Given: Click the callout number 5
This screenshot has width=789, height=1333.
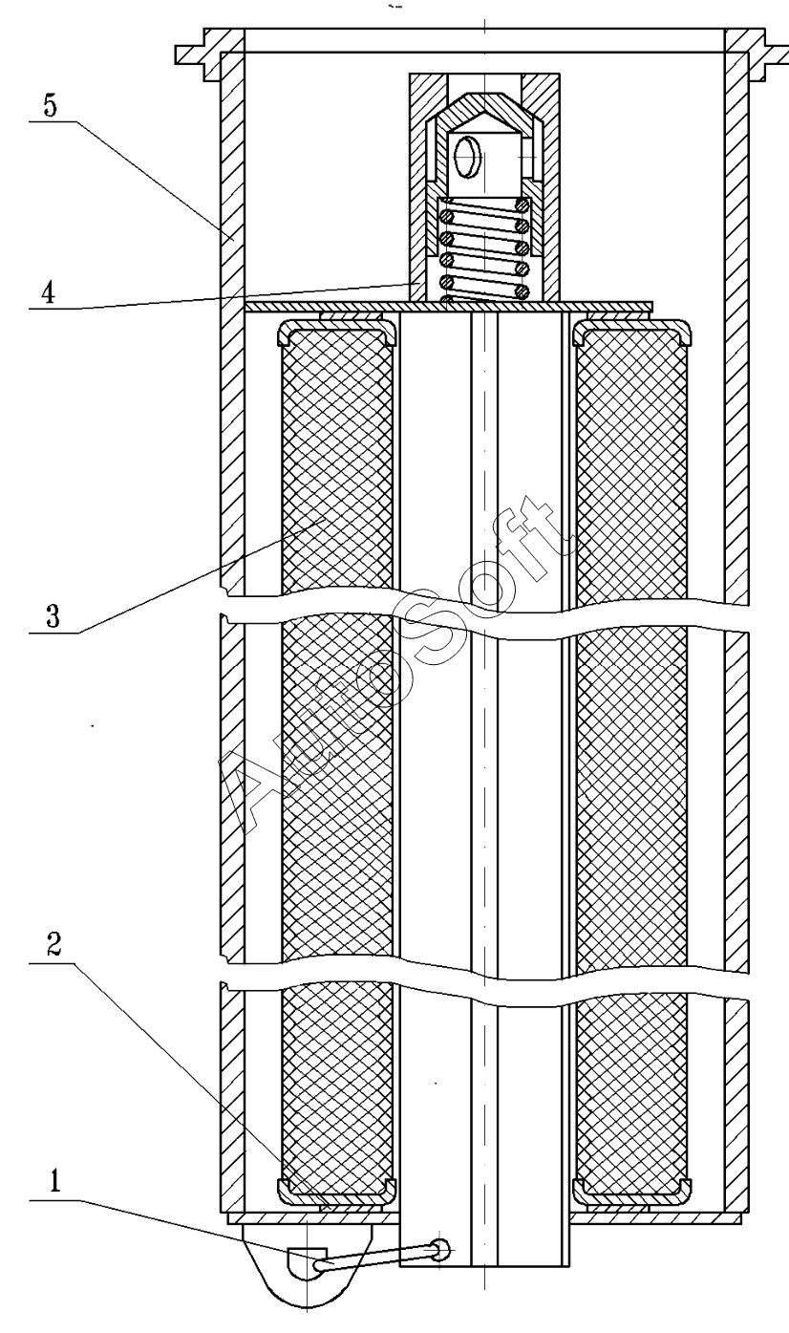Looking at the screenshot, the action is click(x=50, y=105).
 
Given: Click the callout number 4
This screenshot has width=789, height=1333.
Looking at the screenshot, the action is click(x=49, y=292).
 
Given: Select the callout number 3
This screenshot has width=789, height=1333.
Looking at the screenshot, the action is click(x=53, y=616).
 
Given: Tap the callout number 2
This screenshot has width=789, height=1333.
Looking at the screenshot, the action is click(x=53, y=944).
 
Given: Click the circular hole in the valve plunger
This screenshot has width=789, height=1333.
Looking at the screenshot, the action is click(x=466, y=156).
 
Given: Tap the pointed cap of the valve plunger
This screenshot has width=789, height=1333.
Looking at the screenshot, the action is click(x=484, y=113).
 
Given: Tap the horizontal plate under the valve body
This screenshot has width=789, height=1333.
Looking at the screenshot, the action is click(x=448, y=306).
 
